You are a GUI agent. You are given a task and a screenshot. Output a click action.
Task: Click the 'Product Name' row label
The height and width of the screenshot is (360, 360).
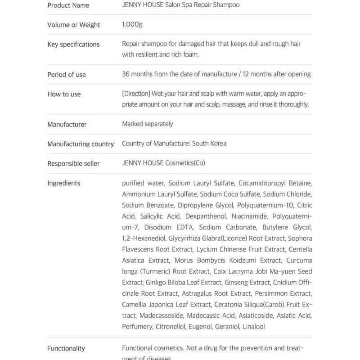click(68, 5)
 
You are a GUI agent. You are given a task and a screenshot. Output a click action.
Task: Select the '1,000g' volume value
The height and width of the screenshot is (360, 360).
click(132, 24)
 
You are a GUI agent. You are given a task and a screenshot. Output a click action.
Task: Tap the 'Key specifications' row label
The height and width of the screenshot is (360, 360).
click(73, 44)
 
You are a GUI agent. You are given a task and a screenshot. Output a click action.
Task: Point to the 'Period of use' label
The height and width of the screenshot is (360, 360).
click(67, 74)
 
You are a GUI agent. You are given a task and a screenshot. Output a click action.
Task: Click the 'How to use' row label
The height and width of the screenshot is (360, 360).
click(64, 94)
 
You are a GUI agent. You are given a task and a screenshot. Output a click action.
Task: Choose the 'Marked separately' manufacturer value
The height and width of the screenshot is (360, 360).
click(147, 124)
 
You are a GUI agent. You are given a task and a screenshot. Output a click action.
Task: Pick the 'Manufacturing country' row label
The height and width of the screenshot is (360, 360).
click(81, 144)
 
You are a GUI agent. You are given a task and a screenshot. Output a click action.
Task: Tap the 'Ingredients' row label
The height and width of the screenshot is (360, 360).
click(64, 183)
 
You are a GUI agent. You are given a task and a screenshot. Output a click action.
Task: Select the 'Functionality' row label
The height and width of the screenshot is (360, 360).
click(66, 348)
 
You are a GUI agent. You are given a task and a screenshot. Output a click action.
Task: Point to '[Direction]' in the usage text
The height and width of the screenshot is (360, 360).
click(136, 94)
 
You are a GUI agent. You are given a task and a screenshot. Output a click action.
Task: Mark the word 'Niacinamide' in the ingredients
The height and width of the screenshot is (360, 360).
click(248, 216)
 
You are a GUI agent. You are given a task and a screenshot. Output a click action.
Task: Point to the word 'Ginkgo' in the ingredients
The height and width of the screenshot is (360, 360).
click(156, 282)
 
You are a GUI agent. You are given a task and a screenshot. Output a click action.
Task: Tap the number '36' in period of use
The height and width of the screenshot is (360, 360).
click(126, 74)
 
